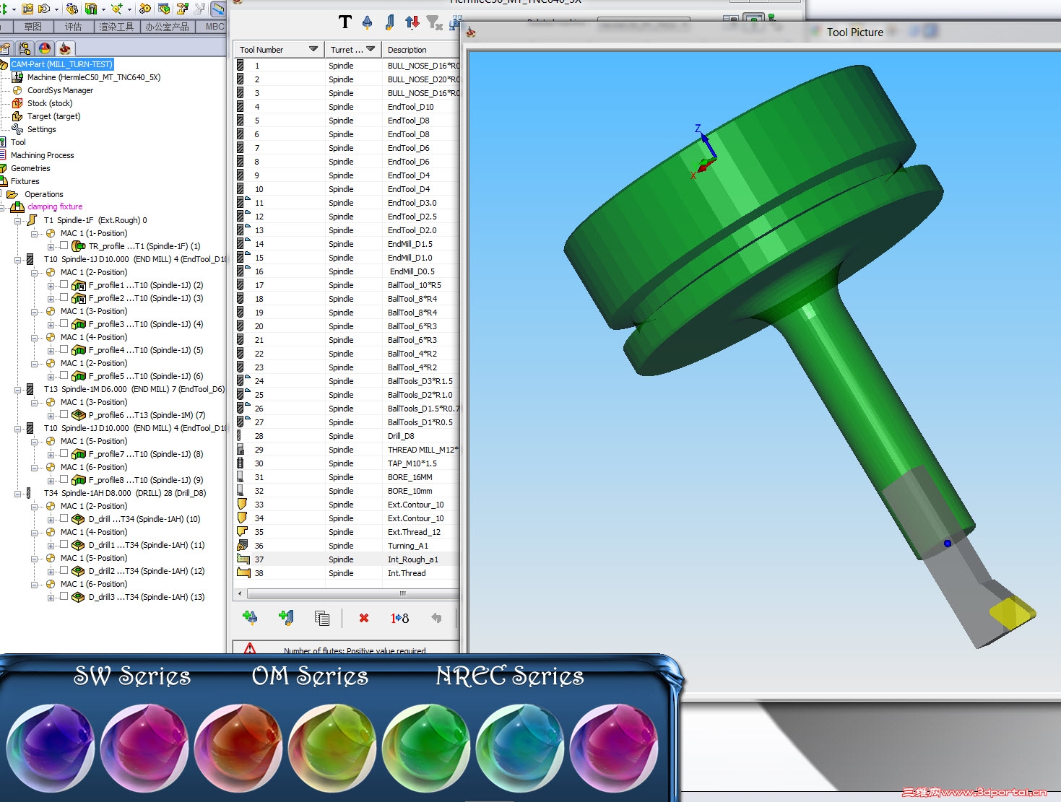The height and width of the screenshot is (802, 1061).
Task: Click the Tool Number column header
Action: coord(261,50)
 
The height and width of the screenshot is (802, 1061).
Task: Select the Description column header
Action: coord(407,50)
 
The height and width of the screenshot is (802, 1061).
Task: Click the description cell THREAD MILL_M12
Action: coord(422,450)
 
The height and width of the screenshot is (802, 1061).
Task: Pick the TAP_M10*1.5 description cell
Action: coord(412,463)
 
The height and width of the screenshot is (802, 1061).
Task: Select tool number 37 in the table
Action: coord(259,559)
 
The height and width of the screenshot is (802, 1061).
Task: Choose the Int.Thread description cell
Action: coord(406,573)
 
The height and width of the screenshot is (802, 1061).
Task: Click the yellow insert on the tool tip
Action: coord(1011,612)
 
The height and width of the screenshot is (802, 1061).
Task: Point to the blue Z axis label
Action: coord(698,128)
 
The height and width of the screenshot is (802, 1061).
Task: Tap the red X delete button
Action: coord(363,618)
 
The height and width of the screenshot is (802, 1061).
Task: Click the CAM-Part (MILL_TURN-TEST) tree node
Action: coord(62,64)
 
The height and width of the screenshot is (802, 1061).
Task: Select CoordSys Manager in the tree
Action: coord(60,90)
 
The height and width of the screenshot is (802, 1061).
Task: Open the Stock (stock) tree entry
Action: coord(49,103)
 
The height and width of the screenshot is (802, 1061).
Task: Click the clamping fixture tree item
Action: coord(55,206)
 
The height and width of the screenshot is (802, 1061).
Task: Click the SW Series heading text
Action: coord(132,676)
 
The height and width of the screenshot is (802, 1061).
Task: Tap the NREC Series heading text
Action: coord(509,676)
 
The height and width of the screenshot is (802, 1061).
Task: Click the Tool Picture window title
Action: coord(854,32)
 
